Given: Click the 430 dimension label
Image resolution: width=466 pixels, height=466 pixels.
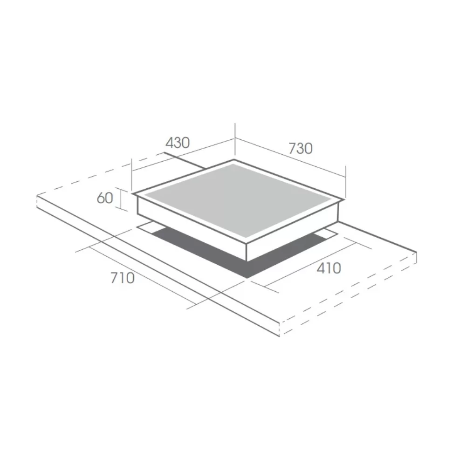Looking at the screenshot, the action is tap(178, 143).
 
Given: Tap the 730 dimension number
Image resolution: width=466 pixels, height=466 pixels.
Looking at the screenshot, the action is tap(301, 148).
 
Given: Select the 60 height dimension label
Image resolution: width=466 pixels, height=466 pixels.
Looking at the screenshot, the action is tap(105, 198).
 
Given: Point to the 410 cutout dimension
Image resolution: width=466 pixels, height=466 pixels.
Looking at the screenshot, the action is tap(329, 268).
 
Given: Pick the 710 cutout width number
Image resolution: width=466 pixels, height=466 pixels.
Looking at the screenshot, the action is tap(123, 278).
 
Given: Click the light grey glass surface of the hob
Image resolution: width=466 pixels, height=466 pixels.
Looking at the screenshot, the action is tap(238, 199).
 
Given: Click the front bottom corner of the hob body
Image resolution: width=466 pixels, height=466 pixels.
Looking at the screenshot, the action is tap(247, 261).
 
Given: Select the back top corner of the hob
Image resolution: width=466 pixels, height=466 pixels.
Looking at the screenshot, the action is tap(234, 160).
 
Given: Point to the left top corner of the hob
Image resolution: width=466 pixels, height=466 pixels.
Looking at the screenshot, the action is tap(133, 193).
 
